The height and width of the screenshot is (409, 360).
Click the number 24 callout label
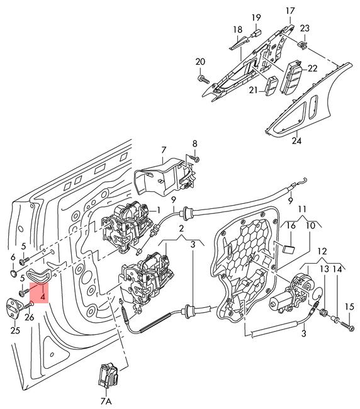pyautogui.click(x=296, y=141)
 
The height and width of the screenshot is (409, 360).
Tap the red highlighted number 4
pyautogui.click(x=43, y=297)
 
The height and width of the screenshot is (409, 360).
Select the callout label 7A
pyautogui.click(x=106, y=401)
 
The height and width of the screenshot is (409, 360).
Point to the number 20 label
pyautogui.click(x=200, y=62)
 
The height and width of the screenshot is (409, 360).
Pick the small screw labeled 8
pyautogui.click(x=194, y=158)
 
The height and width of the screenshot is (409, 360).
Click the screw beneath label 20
pyautogui.click(x=203, y=79)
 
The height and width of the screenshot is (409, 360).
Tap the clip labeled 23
pyautogui.click(x=302, y=45)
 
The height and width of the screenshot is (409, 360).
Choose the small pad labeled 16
pyautogui.click(x=288, y=249)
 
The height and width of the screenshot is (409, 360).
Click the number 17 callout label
pyautogui.click(x=290, y=11)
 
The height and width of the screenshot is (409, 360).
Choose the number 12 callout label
pyautogui.click(x=322, y=252)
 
